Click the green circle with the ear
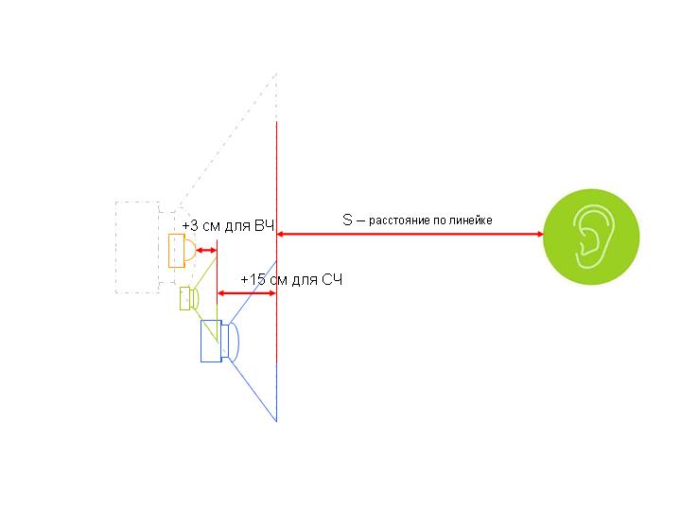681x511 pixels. pyautogui.click(x=591, y=237)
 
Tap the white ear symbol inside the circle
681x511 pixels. pyautogui.click(x=591, y=236)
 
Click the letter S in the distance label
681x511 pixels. pyautogui.click(x=347, y=220)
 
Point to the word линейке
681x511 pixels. pyautogui.click(x=470, y=220)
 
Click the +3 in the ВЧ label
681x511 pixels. pyautogui.click(x=190, y=225)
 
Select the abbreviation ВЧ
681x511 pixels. pyautogui.click(x=264, y=225)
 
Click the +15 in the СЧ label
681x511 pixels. pyautogui.click(x=253, y=279)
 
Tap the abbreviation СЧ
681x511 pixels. pyautogui.click(x=332, y=279)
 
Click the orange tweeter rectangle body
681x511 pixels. pyautogui.click(x=177, y=251)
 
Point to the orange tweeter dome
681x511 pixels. pyautogui.click(x=190, y=250)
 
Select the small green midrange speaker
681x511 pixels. pyautogui.click(x=189, y=298)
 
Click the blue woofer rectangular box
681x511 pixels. pyautogui.click(x=211, y=341)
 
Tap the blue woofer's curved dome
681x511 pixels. pyautogui.click(x=234, y=343)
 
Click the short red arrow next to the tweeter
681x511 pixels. pyautogui.click(x=206, y=250)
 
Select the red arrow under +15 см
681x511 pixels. pyautogui.click(x=247, y=293)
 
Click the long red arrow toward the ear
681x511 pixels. pyautogui.click(x=410, y=235)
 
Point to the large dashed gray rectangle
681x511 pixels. pyautogui.click(x=138, y=247)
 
